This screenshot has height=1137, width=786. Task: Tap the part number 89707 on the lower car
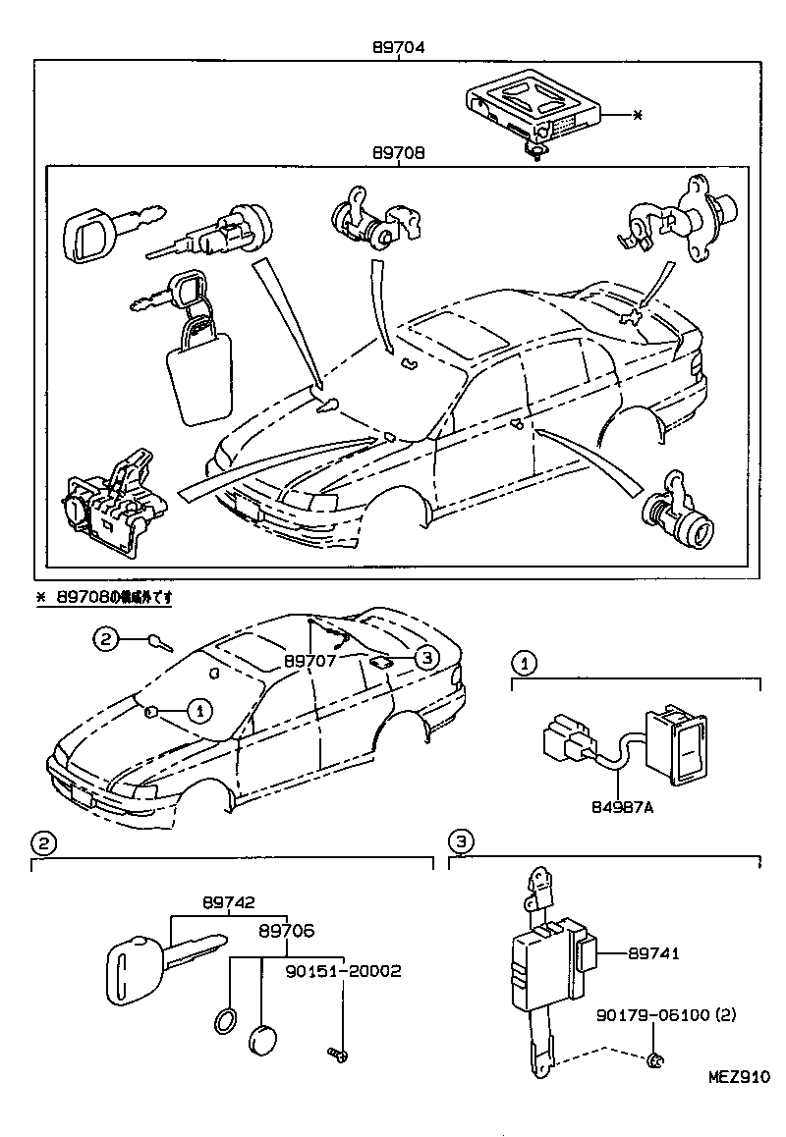[310, 661]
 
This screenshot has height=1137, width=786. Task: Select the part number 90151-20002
[344, 970]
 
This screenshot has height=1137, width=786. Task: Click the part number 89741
[654, 952]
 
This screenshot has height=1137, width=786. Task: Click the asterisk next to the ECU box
[637, 116]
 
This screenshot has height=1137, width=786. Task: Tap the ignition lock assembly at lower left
[113, 505]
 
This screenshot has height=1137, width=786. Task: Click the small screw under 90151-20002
[337, 1055]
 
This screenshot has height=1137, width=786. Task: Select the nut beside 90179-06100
[657, 1058]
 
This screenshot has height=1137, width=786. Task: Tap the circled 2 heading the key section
[42, 841]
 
